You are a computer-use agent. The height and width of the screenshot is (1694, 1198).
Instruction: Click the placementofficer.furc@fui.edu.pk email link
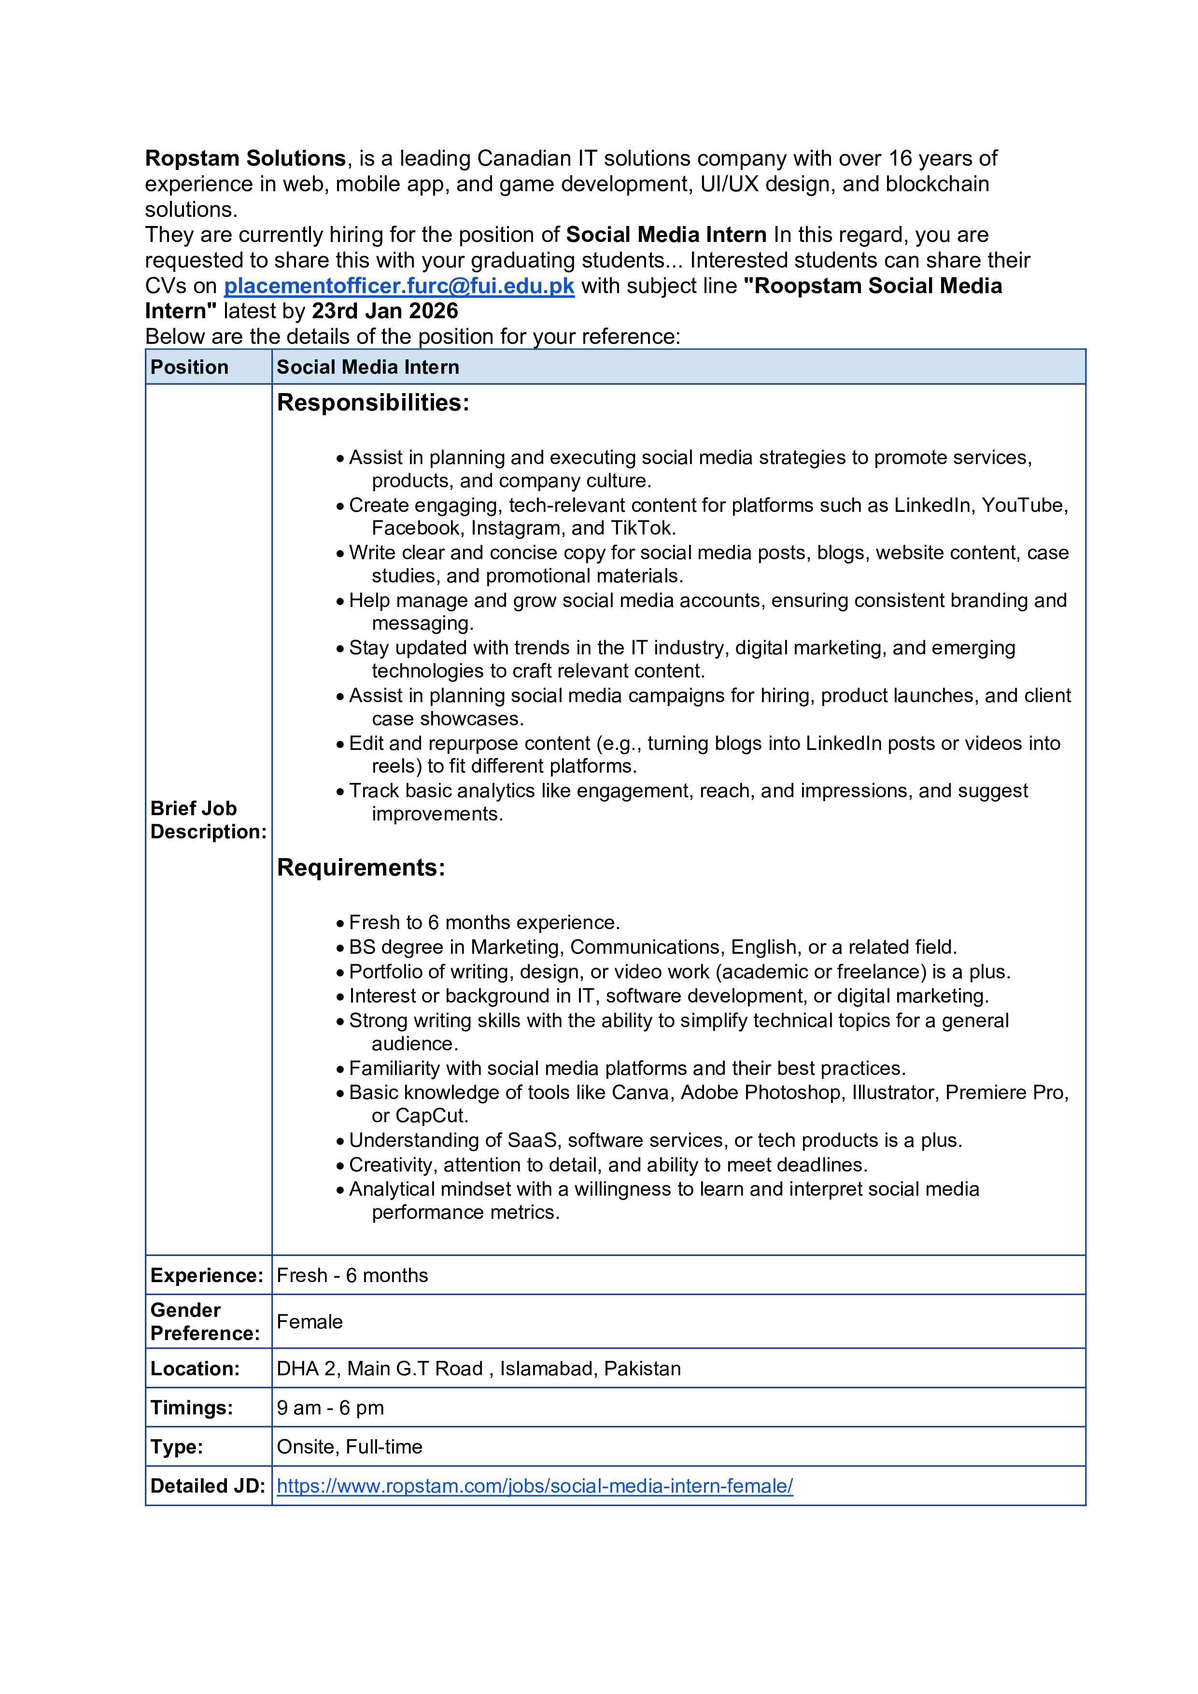pos(398,286)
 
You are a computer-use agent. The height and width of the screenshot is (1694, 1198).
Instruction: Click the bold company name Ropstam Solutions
pos(245,158)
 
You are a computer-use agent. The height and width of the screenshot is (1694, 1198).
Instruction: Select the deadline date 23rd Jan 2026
pos(384,311)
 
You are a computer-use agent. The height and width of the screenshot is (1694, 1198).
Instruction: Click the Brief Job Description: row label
pos(208,819)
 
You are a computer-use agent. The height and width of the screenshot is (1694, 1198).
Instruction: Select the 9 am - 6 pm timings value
pos(330,1408)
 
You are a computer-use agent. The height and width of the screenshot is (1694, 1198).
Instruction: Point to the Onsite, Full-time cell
pos(349,1447)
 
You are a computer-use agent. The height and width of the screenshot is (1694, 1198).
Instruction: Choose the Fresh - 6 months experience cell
pos(352,1276)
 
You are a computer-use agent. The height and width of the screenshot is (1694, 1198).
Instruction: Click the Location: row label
pos(195,1369)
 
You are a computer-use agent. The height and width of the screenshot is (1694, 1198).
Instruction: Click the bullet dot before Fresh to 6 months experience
pos(340,923)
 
